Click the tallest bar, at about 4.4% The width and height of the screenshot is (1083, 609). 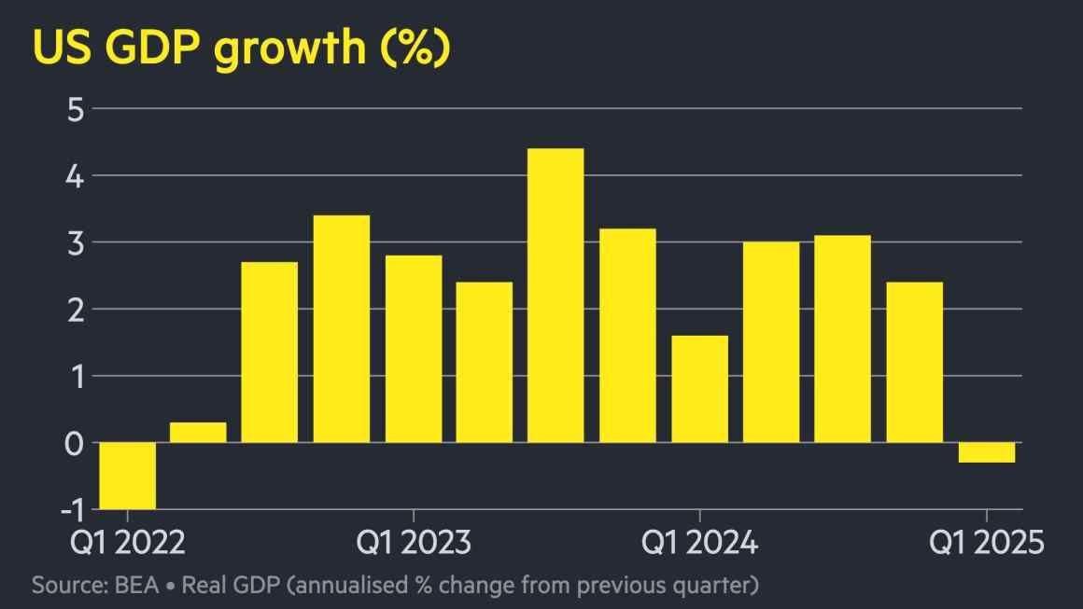coord(556,295)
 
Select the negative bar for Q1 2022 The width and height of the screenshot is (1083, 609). coord(127,476)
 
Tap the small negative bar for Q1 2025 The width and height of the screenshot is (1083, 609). coord(986,452)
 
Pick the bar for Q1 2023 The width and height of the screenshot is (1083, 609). coord(413,349)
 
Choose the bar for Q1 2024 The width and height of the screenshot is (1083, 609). coord(699,389)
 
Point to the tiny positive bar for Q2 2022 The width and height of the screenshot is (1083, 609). coord(198,433)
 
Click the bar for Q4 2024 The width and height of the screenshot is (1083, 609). coord(914,362)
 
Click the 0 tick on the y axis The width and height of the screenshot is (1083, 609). coord(75,443)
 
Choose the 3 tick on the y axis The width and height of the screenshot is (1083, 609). coord(75,242)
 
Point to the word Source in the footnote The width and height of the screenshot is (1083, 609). coord(67,586)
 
